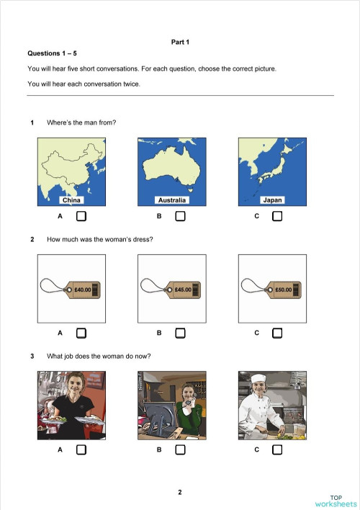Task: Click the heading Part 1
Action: coord(179,43)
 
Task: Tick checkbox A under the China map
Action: coord(81,216)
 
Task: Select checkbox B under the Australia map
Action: coord(180,216)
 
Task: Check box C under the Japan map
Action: coord(277,216)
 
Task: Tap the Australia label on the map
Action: coord(171,200)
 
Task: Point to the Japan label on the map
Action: coord(273,200)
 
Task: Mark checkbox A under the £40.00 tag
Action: coord(81,333)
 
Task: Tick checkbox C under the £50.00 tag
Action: coord(277,333)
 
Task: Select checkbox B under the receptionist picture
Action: coord(180,449)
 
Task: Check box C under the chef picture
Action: coord(277,449)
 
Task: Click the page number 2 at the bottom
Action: coord(180,492)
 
